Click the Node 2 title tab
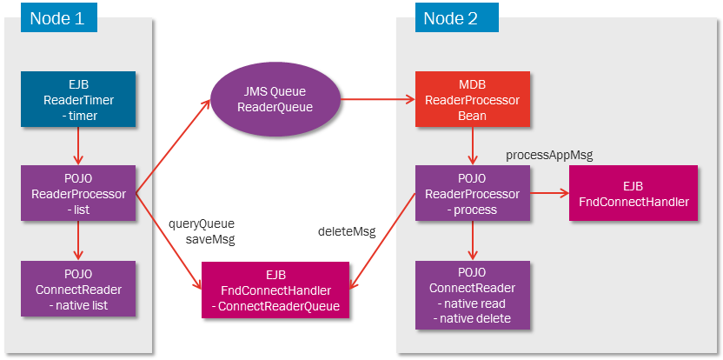pyautogui.click(x=449, y=17)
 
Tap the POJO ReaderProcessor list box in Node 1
pyautogui.click(x=78, y=193)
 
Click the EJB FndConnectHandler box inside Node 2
pyautogui.click(x=633, y=193)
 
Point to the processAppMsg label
pyautogui.click(x=548, y=154)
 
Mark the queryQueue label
pyautogui.click(x=201, y=223)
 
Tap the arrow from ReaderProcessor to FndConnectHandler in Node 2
pyautogui.click(x=547, y=193)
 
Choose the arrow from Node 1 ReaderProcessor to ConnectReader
pyautogui.click(x=78, y=238)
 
